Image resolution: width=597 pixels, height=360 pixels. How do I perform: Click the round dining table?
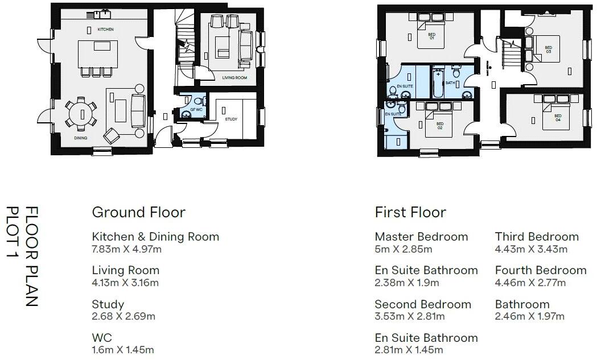[80, 113]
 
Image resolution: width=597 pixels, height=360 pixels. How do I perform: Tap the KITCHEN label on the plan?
[105, 29]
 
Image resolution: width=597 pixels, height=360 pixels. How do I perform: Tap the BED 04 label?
[558, 119]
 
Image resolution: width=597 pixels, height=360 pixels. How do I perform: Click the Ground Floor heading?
[138, 213]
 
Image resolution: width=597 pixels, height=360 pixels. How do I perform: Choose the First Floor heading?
[410, 213]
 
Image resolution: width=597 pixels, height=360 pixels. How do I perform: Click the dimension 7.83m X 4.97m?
[127, 249]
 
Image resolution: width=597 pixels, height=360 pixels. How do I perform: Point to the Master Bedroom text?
[421, 237]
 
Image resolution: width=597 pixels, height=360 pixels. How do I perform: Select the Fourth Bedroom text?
[540, 270]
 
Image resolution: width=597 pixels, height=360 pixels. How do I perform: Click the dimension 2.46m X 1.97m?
[529, 316]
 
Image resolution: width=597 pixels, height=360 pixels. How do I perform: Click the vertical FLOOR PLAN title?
[32, 257]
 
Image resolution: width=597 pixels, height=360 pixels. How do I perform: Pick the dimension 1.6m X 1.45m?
[122, 350]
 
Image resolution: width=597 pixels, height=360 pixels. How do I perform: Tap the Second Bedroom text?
[423, 304]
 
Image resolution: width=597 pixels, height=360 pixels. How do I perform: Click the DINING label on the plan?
[80, 138]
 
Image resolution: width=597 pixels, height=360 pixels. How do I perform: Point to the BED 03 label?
[548, 49]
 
